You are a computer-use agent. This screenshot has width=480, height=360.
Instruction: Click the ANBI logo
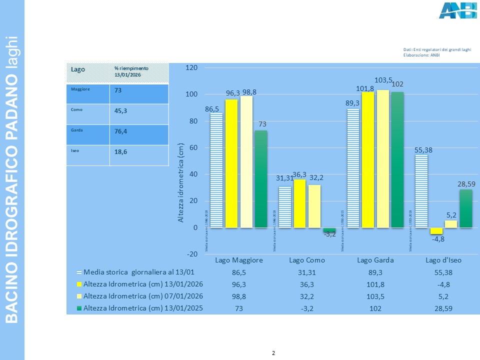[x=457, y=10]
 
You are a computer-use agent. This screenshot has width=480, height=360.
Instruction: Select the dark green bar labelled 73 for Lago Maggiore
[x=261, y=179]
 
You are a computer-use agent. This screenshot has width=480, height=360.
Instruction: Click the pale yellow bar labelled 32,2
[x=314, y=206]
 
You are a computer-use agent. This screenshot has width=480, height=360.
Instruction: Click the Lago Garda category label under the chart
[x=375, y=260]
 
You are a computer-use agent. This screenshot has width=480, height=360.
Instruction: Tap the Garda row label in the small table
[x=77, y=129]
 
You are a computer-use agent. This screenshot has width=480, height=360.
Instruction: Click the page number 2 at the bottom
[x=273, y=353]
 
